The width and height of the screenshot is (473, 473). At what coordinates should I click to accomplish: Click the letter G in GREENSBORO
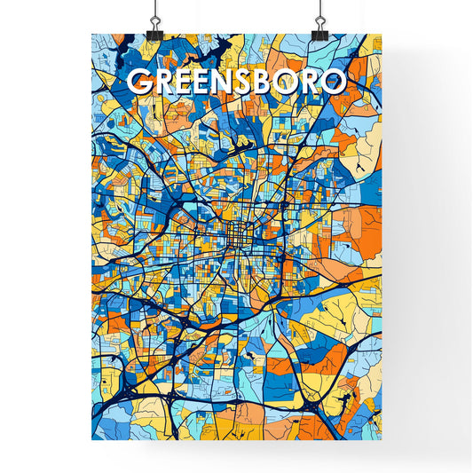[140, 82]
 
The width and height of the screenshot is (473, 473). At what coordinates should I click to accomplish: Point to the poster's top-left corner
[92, 35]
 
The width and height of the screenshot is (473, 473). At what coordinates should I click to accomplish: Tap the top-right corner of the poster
[382, 35]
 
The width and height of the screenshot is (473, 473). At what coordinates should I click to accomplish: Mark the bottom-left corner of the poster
[92, 440]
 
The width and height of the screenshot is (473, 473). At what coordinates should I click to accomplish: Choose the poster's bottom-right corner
[382, 440]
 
